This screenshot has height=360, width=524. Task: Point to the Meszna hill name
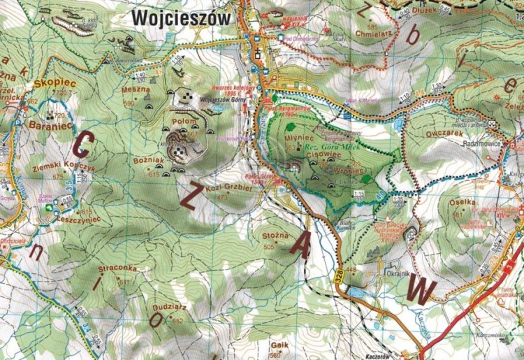pyautogui.click(x=136, y=89)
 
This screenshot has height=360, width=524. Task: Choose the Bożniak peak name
pyautogui.click(x=147, y=161)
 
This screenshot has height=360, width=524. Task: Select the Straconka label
pyautogui.click(x=117, y=268)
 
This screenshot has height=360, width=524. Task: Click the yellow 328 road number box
pyautogui.click(x=340, y=278)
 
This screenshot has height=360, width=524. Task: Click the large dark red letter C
pyautogui.click(x=82, y=145)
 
